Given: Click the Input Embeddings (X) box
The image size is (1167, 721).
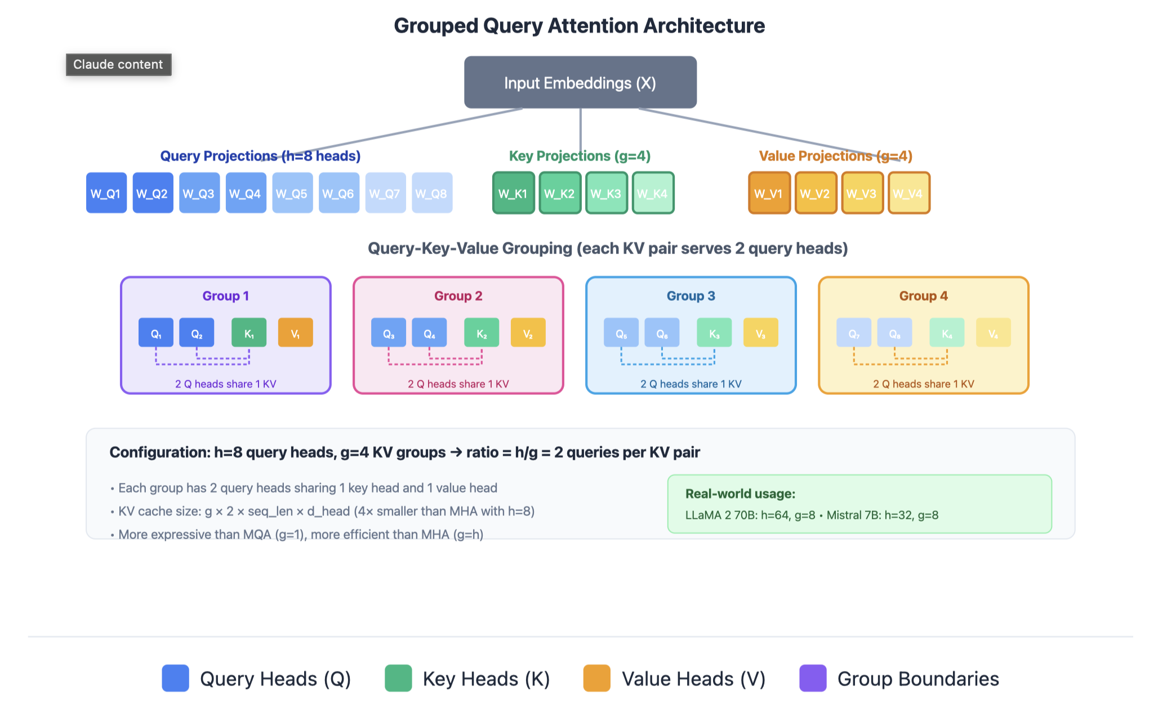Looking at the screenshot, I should (580, 82).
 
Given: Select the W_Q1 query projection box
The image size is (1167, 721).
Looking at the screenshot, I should (106, 193).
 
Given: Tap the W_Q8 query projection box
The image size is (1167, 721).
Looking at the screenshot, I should (432, 193).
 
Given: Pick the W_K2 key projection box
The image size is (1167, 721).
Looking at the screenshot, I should (560, 193).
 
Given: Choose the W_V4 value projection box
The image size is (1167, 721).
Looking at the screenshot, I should (909, 193).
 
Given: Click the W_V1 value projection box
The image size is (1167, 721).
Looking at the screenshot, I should (769, 193).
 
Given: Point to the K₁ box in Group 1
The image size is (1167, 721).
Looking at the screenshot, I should (249, 333).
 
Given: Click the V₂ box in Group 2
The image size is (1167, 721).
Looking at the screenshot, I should (528, 333).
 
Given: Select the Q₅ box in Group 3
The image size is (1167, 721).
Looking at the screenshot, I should (621, 333).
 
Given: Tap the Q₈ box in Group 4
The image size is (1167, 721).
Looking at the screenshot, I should (894, 333).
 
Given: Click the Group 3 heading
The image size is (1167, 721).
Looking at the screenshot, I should (691, 296).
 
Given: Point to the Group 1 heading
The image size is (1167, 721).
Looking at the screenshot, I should (225, 296).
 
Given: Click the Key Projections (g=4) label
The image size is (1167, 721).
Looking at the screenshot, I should (580, 156).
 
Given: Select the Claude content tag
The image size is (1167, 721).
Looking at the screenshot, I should (118, 65).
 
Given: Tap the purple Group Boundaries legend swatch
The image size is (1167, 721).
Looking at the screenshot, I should (813, 678).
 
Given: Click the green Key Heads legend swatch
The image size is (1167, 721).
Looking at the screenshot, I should (398, 678).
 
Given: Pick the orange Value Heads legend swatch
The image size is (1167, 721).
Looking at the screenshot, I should (597, 678).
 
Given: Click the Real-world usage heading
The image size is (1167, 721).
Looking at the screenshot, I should (740, 494).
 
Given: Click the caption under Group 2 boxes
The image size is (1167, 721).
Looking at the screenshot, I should (458, 384).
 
